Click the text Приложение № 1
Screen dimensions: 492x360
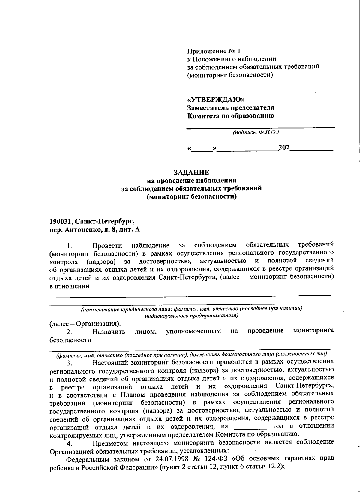[214, 51]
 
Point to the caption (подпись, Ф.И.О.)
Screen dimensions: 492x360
[256, 132]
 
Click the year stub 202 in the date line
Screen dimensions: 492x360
[284, 147]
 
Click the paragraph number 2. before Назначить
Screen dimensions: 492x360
[70, 332]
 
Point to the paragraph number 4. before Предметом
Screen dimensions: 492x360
[70, 443]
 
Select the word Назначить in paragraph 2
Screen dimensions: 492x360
[109, 331]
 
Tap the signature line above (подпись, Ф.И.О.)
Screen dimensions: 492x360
[260, 128]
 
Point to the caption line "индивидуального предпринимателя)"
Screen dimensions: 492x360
[191, 316]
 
